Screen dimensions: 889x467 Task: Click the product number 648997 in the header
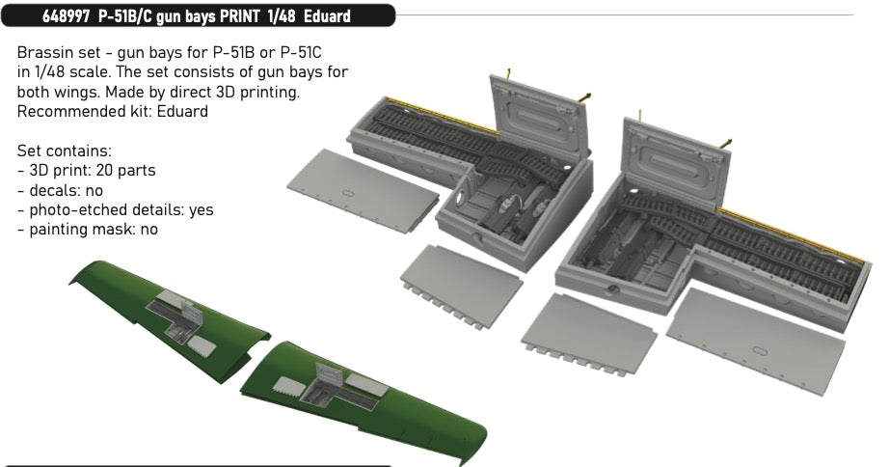[x=66, y=15]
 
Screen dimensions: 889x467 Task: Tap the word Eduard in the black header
[x=327, y=15]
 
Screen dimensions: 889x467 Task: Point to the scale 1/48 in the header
[x=283, y=15]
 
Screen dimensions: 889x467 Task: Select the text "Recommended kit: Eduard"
[x=112, y=111]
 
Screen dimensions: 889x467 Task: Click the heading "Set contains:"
[x=64, y=151]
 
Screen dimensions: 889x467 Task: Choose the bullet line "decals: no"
[x=60, y=190]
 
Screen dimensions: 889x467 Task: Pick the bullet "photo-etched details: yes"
[x=115, y=210]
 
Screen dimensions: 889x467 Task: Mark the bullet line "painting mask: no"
[x=88, y=230]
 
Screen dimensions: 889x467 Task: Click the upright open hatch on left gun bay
[x=538, y=116]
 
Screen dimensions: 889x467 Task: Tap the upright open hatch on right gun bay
[x=675, y=159]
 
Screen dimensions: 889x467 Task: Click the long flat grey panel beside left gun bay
[x=363, y=189]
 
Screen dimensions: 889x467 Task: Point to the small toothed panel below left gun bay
[x=461, y=286]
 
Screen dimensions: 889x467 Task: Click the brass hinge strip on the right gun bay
[x=792, y=234]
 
